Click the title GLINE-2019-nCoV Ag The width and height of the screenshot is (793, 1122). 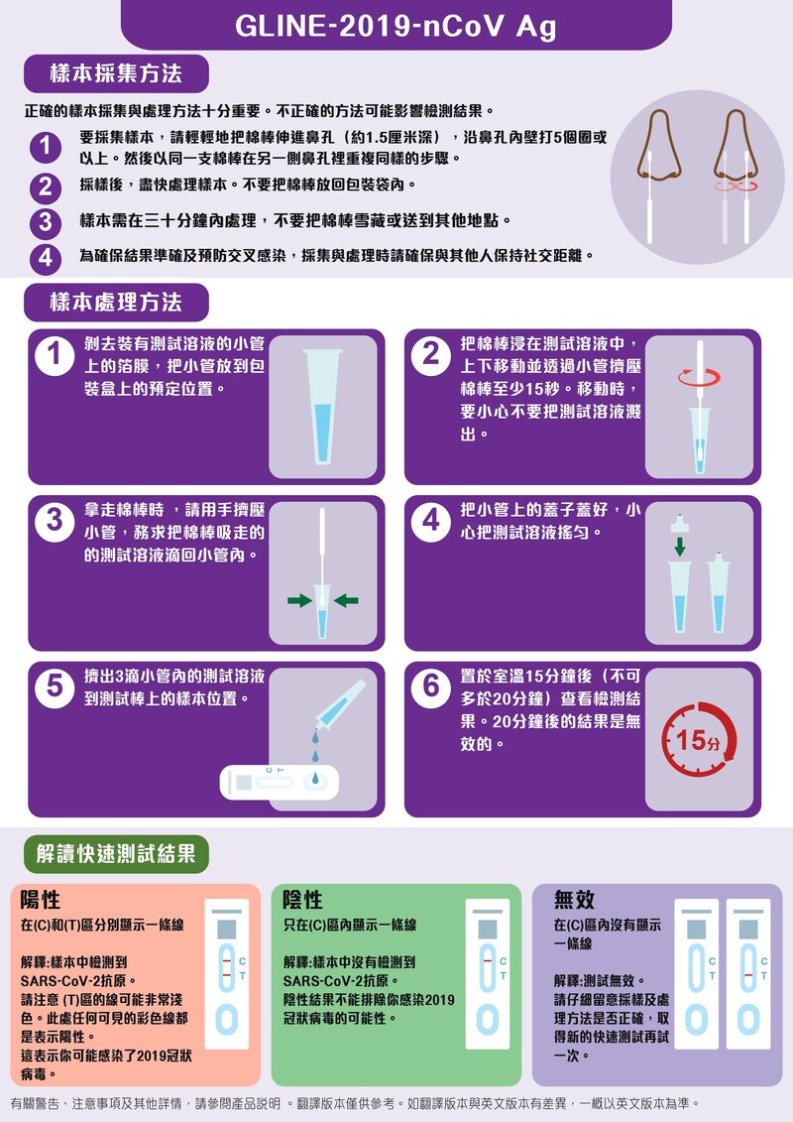396,27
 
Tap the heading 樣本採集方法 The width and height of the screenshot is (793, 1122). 116,73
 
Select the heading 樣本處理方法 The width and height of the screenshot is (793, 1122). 116,302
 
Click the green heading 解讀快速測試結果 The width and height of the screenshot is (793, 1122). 116,853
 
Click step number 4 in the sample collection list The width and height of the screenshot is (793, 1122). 45,259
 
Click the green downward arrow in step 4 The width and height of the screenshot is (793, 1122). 680,547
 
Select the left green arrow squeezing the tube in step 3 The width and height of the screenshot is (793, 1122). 298,600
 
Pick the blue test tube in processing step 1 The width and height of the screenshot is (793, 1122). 323,406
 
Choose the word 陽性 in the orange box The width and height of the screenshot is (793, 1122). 42,900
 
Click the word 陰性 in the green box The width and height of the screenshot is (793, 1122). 303,900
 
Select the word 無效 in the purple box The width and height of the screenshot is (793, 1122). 575,900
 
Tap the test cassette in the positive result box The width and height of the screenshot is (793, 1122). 227,975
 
